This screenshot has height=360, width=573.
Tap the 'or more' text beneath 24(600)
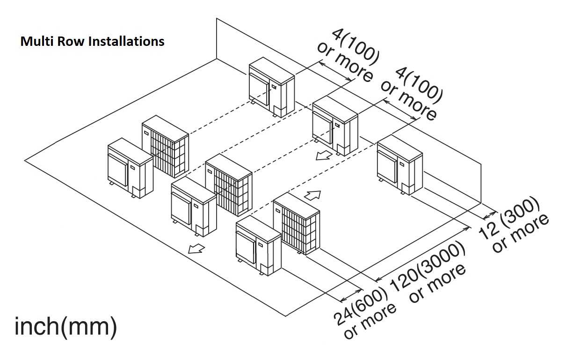click(x=370, y=323)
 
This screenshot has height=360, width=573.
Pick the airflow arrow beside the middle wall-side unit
click(x=322, y=155)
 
